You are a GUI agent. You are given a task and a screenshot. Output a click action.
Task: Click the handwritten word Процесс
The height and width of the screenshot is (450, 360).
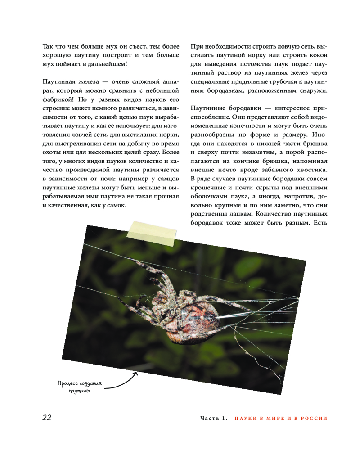pos(68,383)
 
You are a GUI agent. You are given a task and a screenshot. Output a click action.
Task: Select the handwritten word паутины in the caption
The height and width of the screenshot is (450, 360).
pos(80,391)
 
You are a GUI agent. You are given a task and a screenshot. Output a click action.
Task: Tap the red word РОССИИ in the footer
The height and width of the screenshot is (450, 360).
pos(312,418)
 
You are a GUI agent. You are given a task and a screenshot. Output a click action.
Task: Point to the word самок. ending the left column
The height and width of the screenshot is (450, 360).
pos(114,205)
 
